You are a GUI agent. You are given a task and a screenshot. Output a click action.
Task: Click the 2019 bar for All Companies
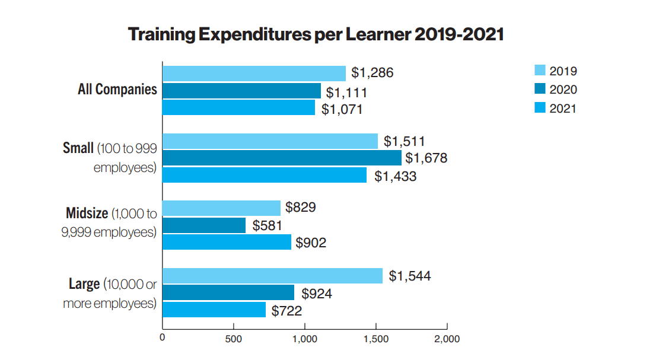(x=254, y=73)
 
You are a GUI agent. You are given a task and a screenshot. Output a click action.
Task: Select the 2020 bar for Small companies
(x=282, y=158)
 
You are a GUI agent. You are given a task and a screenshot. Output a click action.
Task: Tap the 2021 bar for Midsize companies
(x=227, y=242)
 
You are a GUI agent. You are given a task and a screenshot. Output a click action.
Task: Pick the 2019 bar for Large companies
(x=272, y=276)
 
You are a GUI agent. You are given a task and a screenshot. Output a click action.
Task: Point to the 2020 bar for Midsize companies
(x=203, y=225)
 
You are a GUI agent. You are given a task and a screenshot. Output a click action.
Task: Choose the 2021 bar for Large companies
(x=214, y=310)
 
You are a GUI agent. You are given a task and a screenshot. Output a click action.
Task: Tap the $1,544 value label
(x=410, y=276)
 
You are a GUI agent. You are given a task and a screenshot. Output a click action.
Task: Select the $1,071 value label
(x=342, y=109)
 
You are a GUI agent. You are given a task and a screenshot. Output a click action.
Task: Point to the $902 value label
(x=311, y=243)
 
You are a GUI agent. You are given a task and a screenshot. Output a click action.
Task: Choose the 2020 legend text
(x=563, y=90)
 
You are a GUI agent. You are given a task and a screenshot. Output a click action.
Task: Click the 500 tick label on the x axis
(x=233, y=339)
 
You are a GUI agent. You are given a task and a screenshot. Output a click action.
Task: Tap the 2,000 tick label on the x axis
(x=447, y=339)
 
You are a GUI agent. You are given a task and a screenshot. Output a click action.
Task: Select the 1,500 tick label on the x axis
(x=375, y=339)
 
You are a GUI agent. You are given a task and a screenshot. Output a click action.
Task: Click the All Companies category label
(x=117, y=90)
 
